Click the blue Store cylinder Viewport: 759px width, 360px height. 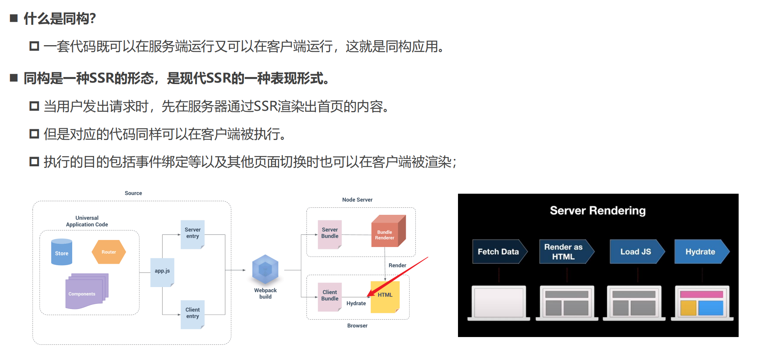pos(61,252)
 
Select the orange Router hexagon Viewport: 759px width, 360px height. pos(109,252)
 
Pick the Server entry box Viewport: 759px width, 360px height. pos(193,234)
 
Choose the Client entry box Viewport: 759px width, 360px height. pos(193,314)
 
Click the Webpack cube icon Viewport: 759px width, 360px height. pos(265,270)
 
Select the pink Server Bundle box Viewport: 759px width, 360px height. pos(330,234)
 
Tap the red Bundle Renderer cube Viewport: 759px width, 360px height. pos(387,232)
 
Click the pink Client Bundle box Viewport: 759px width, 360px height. pos(330,296)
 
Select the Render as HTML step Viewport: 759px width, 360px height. pos(565,252)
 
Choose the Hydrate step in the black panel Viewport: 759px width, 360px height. pos(701,252)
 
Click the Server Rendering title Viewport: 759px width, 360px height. pos(598,210)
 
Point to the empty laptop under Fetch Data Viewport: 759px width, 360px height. pos(499,302)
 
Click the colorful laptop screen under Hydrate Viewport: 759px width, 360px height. pos(702,302)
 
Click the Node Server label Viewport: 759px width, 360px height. pos(357,200)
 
